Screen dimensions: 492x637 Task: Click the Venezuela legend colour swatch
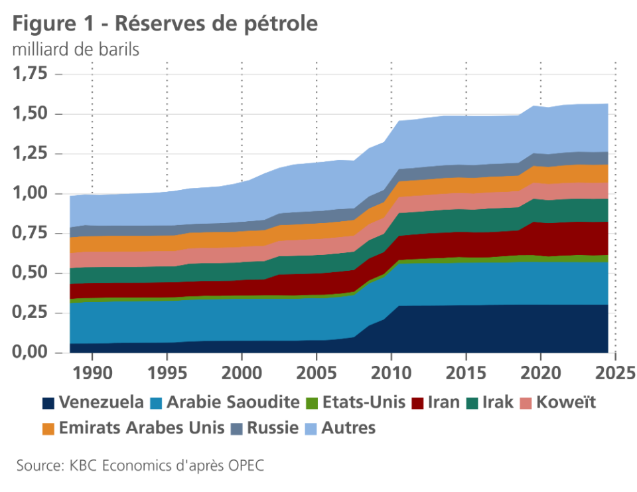pos(48,402)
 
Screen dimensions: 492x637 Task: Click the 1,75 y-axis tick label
pos(33,74)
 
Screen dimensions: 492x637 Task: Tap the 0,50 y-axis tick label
pos(33,273)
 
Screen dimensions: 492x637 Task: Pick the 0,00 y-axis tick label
pos(33,352)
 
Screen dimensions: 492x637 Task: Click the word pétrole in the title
pos(279,23)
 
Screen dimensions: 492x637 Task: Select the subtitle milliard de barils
pos(76,50)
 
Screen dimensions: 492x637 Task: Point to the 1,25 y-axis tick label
pos(33,153)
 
